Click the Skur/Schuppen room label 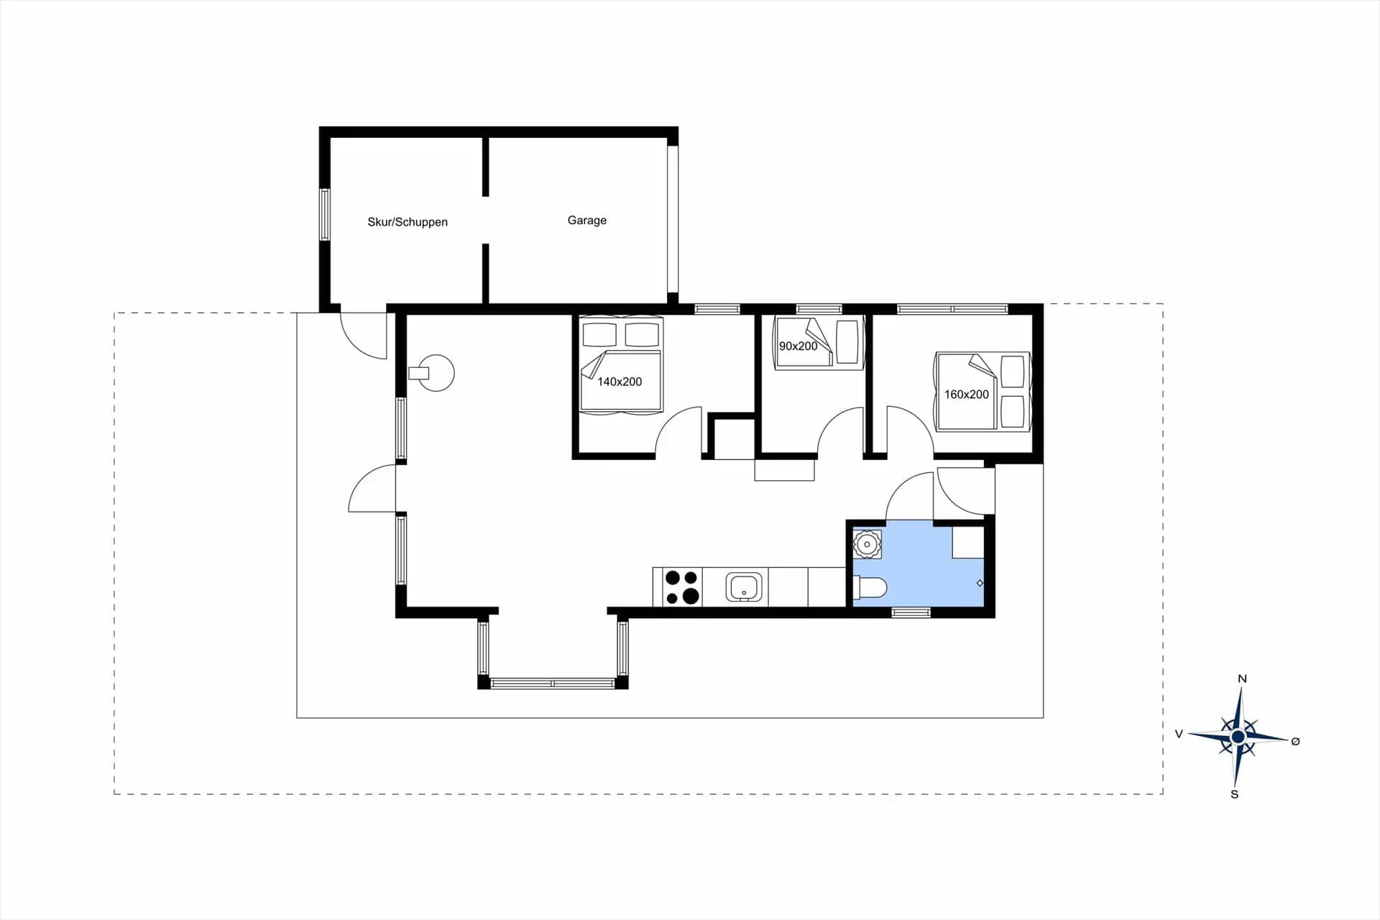coord(408,222)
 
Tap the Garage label coord(586,221)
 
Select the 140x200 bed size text coord(619,382)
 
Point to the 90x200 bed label coord(798,346)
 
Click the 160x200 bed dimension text coord(966,395)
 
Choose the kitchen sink coord(744,587)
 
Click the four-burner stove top coord(682,586)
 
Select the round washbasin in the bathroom coord(867,544)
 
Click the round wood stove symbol coord(436,373)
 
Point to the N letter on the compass coord(1242,678)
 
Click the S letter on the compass coord(1235,794)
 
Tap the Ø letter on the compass coord(1295,741)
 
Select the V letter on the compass coord(1179,734)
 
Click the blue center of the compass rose coord(1238,737)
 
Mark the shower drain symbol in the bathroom coord(980,583)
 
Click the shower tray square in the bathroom coord(967,542)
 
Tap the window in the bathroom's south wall coord(911,612)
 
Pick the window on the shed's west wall coord(325,214)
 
